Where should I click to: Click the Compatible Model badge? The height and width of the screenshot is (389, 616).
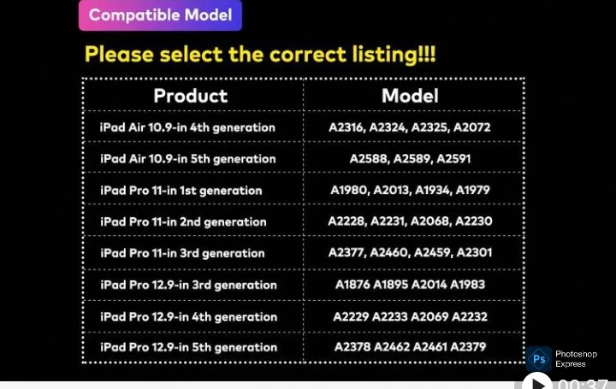[x=160, y=15]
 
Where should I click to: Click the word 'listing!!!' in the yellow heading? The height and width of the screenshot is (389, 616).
[x=394, y=55]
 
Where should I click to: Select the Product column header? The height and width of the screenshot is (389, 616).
[x=191, y=96]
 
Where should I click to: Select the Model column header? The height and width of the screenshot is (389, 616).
[x=410, y=96]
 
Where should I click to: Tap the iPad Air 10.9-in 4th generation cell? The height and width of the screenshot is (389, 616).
[x=187, y=127]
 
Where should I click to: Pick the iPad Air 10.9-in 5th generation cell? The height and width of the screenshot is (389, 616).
[x=187, y=159]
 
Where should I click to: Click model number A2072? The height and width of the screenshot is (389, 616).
[x=471, y=127]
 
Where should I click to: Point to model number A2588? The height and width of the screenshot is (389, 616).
[x=369, y=158]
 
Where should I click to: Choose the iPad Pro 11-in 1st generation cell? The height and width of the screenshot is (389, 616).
[x=181, y=191]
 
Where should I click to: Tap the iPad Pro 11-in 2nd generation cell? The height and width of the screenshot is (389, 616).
[x=183, y=221]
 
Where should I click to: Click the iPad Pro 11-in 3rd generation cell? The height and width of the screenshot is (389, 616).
[x=182, y=253]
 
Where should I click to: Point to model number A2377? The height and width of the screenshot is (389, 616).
[x=346, y=252]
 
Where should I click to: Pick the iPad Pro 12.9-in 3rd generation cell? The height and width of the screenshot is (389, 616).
[x=188, y=285]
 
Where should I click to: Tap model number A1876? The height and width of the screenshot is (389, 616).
[x=352, y=284]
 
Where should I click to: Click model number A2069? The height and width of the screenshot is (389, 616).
[x=429, y=316]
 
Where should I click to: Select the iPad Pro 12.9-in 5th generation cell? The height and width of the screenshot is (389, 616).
[x=188, y=347]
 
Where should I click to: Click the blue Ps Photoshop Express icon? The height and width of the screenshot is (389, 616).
[x=539, y=359]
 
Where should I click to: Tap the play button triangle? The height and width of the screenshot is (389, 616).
[x=538, y=383]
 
